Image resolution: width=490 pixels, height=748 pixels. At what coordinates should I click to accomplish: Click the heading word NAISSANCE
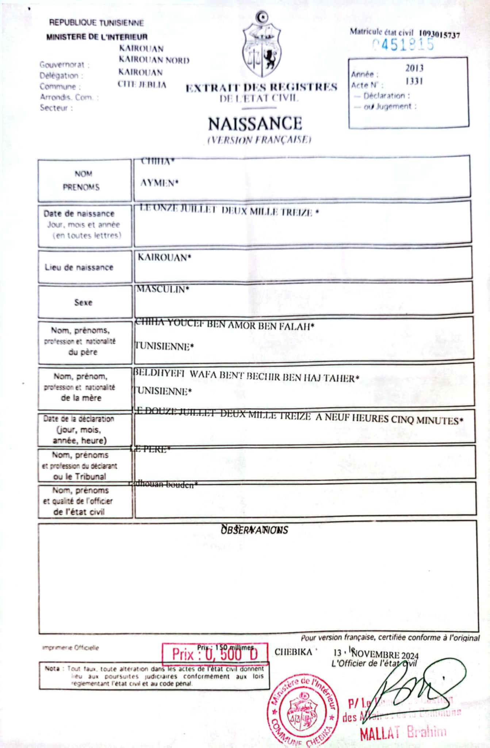[255, 124]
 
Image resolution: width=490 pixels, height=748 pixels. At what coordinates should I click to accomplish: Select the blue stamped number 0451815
[403, 45]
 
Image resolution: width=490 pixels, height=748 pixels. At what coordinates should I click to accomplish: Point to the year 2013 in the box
[414, 68]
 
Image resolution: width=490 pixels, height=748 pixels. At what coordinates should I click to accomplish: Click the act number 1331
[414, 81]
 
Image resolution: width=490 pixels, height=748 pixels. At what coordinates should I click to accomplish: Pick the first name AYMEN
[159, 183]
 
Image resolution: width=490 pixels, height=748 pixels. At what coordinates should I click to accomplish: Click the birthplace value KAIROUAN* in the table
[164, 258]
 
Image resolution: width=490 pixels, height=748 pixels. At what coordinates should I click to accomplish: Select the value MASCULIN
[162, 290]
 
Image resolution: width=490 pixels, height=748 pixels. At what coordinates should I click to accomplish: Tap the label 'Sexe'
[83, 302]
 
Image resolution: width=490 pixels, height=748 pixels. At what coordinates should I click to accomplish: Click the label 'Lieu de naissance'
[79, 267]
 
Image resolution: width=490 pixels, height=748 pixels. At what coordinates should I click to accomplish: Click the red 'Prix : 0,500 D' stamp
[215, 654]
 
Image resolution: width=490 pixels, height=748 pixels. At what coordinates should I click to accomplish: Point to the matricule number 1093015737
[439, 34]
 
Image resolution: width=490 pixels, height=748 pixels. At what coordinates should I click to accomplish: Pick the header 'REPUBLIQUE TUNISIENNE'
[96, 23]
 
